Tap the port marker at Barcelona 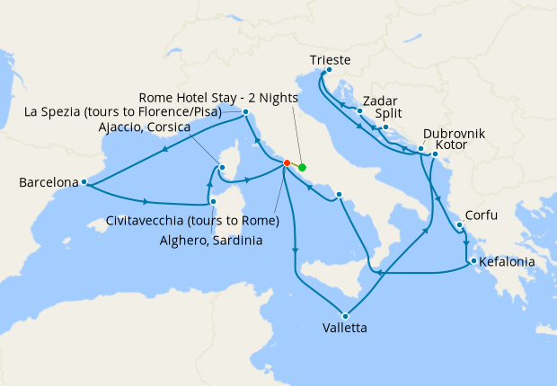(x=84, y=182)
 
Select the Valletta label (x=343, y=328)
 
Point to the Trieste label (x=329, y=60)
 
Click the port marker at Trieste (x=329, y=71)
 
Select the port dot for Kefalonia (x=469, y=262)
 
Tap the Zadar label (x=381, y=101)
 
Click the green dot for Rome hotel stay (x=302, y=167)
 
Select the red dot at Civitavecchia (x=287, y=163)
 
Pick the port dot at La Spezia (x=245, y=112)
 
